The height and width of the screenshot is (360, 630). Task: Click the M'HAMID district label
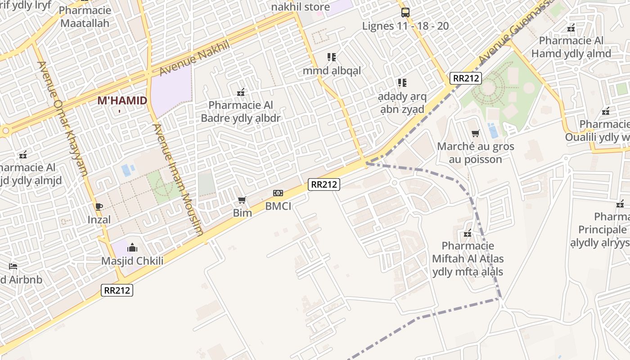click(122, 100)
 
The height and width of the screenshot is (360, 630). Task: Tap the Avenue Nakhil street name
click(194, 58)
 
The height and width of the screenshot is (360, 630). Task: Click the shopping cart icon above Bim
click(242, 200)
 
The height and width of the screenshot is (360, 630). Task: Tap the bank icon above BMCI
click(278, 193)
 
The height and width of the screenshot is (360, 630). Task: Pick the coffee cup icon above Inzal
click(99, 207)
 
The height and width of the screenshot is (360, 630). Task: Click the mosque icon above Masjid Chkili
click(132, 247)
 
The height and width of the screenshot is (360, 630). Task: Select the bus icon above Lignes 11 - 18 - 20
click(405, 12)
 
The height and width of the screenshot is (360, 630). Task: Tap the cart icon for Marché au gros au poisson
click(475, 133)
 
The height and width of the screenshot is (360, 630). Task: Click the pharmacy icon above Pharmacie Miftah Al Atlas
click(468, 233)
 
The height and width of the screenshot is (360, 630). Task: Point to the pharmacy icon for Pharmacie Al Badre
click(241, 92)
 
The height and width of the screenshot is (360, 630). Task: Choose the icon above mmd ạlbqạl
click(332, 57)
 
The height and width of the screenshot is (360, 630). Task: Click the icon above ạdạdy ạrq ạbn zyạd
click(402, 83)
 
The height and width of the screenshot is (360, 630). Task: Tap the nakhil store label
click(300, 7)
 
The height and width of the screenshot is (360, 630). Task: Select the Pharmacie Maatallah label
click(85, 16)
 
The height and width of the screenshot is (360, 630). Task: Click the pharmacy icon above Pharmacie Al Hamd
click(571, 28)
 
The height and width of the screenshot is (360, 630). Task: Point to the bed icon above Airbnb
click(13, 266)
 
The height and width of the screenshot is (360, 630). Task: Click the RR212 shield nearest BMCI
click(324, 184)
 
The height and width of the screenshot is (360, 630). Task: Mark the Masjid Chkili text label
click(132, 261)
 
